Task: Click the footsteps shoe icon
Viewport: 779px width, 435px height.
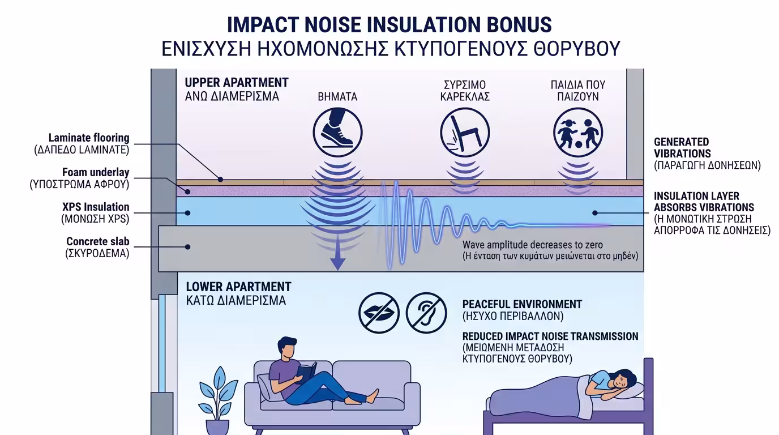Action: coord(337,134)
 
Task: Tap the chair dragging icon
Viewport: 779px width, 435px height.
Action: coord(465,134)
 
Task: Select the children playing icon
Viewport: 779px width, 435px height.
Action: coord(577,134)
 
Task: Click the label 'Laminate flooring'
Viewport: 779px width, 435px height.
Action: coord(89,138)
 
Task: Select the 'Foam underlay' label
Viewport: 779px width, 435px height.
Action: coord(96,172)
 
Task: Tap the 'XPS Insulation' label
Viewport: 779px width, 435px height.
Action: coord(96,207)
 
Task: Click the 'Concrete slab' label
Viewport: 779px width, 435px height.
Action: coord(98,242)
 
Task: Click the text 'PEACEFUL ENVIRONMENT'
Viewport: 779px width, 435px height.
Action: coord(522,304)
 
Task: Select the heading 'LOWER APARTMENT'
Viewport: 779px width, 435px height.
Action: coord(238,287)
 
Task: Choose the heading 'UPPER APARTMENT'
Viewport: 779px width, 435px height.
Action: coord(237,83)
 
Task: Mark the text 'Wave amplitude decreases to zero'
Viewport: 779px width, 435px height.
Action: coord(533,245)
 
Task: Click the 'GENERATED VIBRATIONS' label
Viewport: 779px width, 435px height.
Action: coord(682,147)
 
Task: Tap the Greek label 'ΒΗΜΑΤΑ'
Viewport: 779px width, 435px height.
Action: coord(337,96)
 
